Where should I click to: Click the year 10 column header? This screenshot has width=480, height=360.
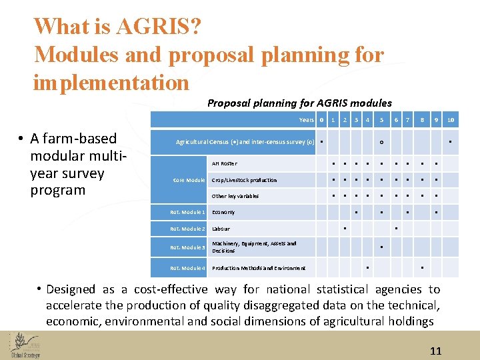click(x=451, y=120)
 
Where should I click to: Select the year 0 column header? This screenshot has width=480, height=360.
click(x=321, y=120)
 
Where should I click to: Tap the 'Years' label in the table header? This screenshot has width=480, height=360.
click(x=306, y=120)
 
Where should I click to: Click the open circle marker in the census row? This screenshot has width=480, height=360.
click(x=381, y=143)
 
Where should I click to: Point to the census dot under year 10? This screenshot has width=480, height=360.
click(x=451, y=141)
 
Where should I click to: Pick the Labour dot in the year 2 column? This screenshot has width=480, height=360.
click(x=345, y=229)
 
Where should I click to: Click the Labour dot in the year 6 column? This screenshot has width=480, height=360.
click(x=396, y=229)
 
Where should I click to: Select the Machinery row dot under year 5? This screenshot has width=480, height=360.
click(x=381, y=247)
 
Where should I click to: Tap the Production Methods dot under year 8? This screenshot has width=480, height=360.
click(x=422, y=268)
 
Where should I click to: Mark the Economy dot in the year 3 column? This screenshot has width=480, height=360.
click(x=357, y=213)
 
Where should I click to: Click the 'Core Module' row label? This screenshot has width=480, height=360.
click(x=189, y=180)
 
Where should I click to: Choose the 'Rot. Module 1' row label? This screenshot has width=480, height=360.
click(x=187, y=213)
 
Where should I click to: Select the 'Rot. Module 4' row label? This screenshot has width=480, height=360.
click(x=187, y=268)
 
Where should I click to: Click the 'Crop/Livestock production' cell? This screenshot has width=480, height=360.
click(x=244, y=180)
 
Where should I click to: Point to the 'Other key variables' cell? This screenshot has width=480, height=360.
click(x=235, y=197)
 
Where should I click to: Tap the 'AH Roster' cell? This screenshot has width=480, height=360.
click(x=224, y=163)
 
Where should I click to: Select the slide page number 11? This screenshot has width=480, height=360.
click(x=435, y=351)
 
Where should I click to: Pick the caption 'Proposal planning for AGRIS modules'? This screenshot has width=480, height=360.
click(x=299, y=103)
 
